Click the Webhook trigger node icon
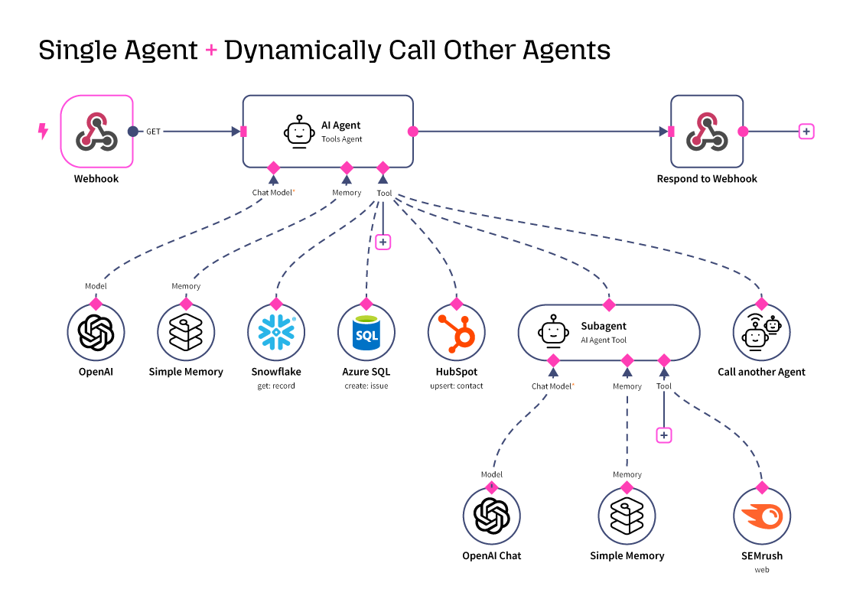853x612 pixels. click(96, 132)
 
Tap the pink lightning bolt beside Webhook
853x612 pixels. click(43, 132)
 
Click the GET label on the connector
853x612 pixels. click(153, 132)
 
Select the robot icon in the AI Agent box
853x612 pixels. click(299, 131)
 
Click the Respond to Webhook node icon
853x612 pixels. click(706, 132)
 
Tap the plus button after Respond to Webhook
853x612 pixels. click(806, 132)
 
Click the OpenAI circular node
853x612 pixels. click(96, 332)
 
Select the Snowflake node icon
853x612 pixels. click(276, 332)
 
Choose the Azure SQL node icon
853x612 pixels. click(366, 332)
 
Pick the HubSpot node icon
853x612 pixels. click(456, 332)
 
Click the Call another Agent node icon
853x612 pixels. click(761, 332)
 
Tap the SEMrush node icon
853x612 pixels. click(761, 516)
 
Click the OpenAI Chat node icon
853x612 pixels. click(491, 516)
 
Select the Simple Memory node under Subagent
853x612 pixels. click(627, 516)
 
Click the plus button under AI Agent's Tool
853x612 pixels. click(383, 242)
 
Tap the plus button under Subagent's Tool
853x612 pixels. click(664, 435)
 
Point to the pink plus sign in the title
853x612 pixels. click(211, 50)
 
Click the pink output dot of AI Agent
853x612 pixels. click(413, 132)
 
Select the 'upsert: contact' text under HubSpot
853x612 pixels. click(456, 386)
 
